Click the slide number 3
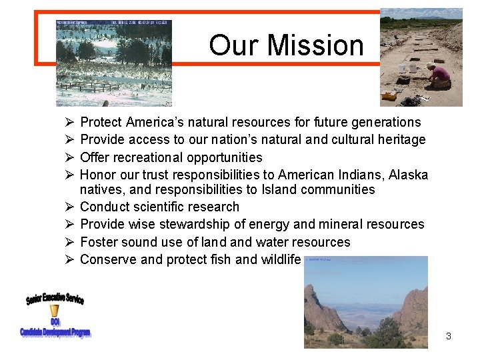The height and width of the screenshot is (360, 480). (449, 336)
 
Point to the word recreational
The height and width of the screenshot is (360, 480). (148, 157)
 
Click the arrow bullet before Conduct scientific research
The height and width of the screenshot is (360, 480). (69, 207)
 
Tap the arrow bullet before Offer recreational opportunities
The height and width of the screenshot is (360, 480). (69, 157)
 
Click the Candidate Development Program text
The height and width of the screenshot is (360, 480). (55, 332)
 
